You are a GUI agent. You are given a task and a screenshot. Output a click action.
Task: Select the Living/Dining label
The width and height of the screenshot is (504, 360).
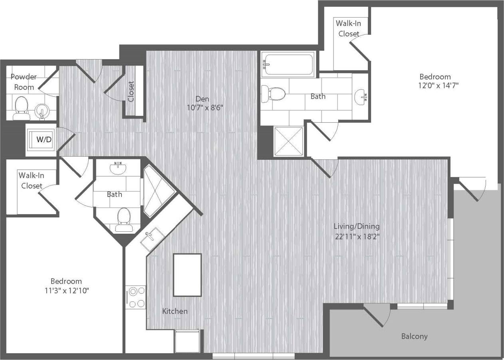[356, 227]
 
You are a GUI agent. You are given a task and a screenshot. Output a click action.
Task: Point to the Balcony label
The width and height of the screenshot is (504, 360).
[414, 336]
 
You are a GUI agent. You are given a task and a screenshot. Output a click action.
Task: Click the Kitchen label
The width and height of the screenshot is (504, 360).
[175, 311]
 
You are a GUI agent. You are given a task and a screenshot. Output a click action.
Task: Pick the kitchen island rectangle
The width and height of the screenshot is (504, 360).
[187, 274]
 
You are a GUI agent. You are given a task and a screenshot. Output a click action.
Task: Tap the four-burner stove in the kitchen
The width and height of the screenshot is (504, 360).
[136, 297]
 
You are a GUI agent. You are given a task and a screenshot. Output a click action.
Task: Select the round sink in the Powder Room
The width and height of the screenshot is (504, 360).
[41, 111]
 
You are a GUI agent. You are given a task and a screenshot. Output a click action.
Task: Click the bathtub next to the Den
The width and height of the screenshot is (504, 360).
[288, 64]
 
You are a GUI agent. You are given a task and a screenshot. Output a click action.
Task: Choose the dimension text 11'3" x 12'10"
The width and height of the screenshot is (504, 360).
[66, 290]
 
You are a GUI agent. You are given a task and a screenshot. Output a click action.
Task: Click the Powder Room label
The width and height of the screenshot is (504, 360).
[24, 82]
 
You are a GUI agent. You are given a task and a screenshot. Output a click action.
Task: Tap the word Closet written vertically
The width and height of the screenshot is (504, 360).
[131, 91]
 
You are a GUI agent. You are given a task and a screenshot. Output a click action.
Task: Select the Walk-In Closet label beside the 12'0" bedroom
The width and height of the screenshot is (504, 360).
[349, 28]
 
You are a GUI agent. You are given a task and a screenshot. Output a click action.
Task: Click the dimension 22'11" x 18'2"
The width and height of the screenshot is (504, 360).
[356, 236]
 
